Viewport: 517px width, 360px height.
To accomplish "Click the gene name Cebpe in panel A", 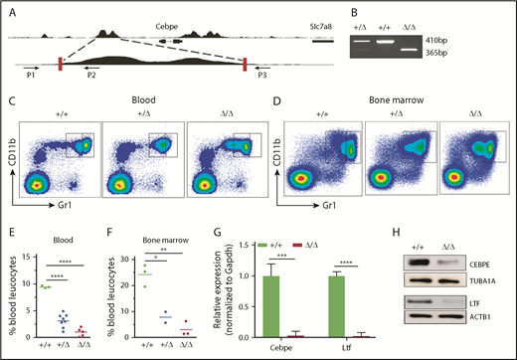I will pyautogui.click(x=149, y=17).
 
